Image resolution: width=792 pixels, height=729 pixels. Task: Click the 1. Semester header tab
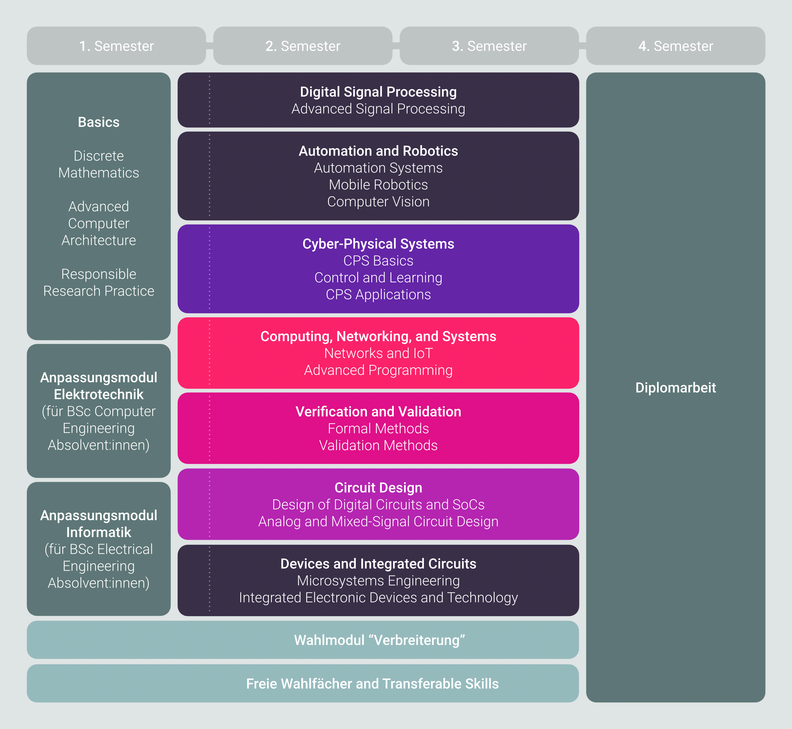coord(116,46)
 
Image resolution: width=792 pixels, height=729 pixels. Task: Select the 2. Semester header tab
coord(303,46)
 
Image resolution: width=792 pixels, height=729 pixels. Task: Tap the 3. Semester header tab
coord(489,46)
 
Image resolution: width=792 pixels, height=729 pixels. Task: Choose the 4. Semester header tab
coord(676,46)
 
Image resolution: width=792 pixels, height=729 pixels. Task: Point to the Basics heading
coord(99,122)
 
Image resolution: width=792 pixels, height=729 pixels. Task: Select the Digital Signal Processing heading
coord(378,92)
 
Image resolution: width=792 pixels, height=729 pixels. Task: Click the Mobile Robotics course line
coord(378,185)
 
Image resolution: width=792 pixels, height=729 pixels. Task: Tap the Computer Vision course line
coord(378,202)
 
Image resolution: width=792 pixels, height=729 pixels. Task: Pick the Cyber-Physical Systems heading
coord(378,244)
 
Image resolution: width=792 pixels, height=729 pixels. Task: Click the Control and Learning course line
coord(378,278)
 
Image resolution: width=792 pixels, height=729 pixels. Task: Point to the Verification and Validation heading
coord(378,411)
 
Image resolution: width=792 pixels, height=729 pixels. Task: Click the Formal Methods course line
coord(378,428)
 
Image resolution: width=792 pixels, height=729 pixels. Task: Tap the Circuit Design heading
coord(378,488)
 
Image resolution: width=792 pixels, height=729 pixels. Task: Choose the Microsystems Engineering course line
coord(378,581)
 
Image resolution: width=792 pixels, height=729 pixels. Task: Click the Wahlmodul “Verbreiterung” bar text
coord(379,640)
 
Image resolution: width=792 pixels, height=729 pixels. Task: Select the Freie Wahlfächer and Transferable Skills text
coord(372,683)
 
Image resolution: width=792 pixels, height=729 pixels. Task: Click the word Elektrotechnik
coord(99,394)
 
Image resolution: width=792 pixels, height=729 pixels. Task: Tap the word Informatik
coord(99,532)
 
